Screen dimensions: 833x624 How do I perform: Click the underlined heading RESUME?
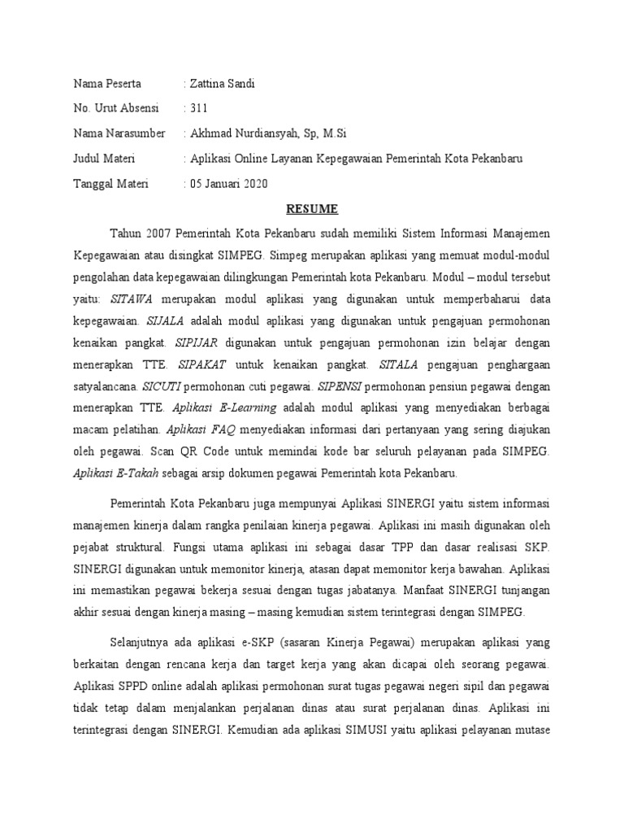[x=311, y=208]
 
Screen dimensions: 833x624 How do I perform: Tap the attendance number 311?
[x=199, y=108]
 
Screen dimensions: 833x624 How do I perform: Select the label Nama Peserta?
[x=107, y=83]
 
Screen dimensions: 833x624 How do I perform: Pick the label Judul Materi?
[x=105, y=159]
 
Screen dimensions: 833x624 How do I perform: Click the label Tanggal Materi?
[x=111, y=184]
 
